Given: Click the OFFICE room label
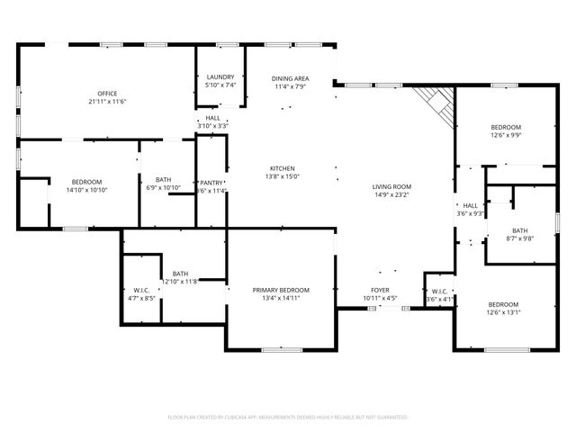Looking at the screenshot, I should point(107,94).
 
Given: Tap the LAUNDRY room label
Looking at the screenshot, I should point(220,77).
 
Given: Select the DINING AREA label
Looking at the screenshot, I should point(290,79).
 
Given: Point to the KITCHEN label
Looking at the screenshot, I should point(283,168).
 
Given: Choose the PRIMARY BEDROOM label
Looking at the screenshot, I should point(281,290).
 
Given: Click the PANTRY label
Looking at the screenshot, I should point(211,183).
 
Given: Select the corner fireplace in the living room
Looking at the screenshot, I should point(437,104).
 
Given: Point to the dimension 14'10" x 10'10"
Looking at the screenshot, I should point(86,190).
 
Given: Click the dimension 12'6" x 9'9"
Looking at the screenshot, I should point(506,135).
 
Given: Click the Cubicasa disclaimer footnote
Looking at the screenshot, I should point(288,418).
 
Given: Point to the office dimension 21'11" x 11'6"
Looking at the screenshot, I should point(107,102).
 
